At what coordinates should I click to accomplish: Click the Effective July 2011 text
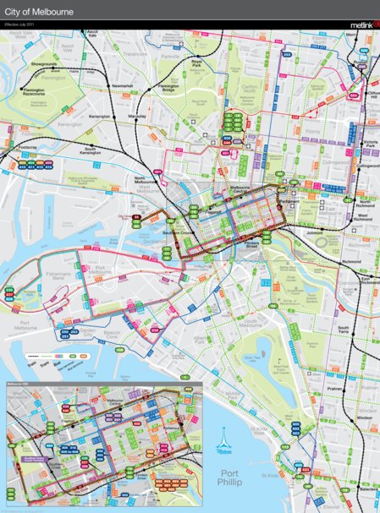19,25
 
